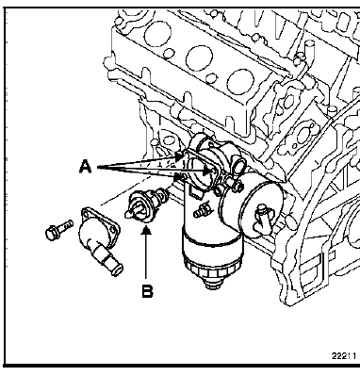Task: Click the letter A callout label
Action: [x=85, y=167]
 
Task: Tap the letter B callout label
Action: [x=147, y=291]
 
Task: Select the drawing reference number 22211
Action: [x=344, y=355]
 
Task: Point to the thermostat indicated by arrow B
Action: [x=146, y=205]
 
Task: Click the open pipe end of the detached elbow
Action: [x=118, y=270]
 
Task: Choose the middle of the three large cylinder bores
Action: [x=199, y=59]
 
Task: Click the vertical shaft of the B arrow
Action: [x=146, y=256]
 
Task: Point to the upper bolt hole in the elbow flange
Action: [x=86, y=214]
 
